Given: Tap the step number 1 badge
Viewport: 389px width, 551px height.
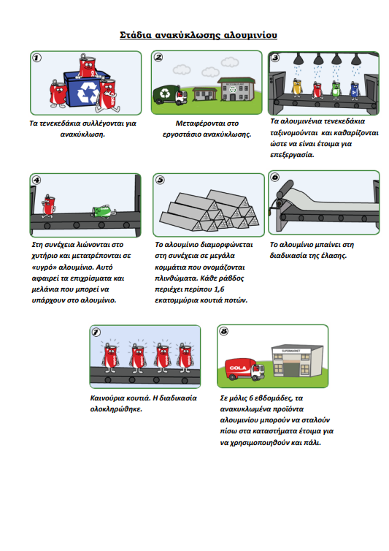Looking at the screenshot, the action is [x=37, y=58].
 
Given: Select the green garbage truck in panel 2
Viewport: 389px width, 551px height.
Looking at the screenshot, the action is [x=170, y=94].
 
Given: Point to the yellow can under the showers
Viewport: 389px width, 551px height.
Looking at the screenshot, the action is [x=297, y=87].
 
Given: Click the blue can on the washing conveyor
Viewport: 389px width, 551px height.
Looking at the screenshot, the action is [x=355, y=89].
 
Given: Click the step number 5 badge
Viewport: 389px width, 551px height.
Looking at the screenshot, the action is [x=160, y=180].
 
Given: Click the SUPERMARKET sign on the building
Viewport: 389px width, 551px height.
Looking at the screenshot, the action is [x=291, y=351].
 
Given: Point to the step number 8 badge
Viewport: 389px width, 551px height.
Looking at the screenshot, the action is [x=223, y=331].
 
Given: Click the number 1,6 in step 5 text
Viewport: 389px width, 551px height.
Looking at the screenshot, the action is [x=219, y=289].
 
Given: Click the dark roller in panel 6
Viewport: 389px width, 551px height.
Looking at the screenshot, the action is [x=285, y=191].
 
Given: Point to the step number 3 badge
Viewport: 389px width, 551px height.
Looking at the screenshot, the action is [x=275, y=58].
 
